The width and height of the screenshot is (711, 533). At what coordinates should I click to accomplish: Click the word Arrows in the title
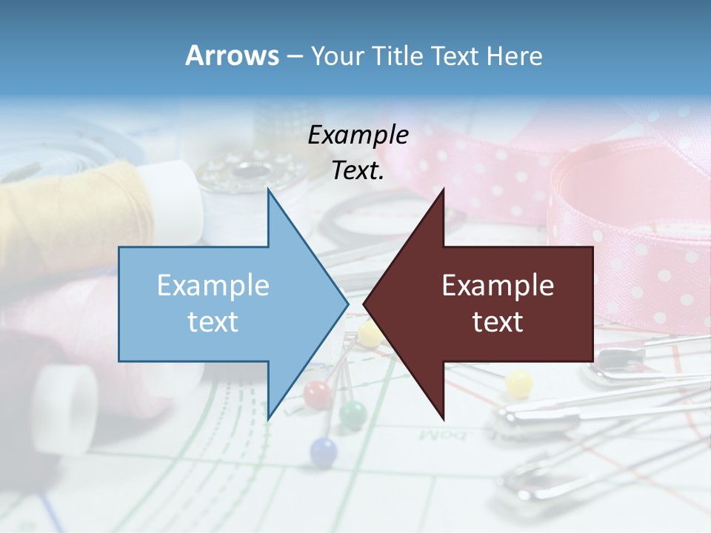point(233,56)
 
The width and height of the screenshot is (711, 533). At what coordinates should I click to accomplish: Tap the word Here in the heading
point(514,56)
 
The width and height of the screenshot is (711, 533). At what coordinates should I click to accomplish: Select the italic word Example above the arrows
point(358,135)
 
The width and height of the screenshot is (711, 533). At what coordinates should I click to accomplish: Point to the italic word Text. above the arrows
point(358,170)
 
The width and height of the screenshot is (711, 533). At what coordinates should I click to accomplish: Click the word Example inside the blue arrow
point(213,286)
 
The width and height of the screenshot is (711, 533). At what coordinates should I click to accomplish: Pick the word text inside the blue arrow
point(213,322)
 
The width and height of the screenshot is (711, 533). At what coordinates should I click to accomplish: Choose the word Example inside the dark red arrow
point(498,286)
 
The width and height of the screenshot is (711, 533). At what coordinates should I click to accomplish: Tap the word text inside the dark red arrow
point(498,322)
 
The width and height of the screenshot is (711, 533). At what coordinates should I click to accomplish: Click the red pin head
point(316,392)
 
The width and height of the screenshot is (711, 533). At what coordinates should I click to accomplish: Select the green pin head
point(353,412)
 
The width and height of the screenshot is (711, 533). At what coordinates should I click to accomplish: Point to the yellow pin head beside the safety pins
point(518,383)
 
